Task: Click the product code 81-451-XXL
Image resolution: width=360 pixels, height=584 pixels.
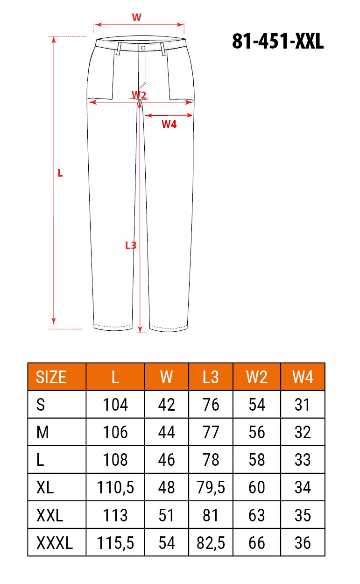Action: pyautogui.click(x=278, y=41)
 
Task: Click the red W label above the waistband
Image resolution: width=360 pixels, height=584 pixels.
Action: pyautogui.click(x=136, y=17)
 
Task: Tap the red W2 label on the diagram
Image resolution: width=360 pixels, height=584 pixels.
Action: pyautogui.click(x=139, y=95)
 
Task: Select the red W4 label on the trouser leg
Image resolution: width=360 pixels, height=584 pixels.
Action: pyautogui.click(x=169, y=124)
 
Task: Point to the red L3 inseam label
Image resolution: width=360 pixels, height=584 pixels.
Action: pyautogui.click(x=131, y=245)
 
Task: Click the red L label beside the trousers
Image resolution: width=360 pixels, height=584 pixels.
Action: pyautogui.click(x=60, y=173)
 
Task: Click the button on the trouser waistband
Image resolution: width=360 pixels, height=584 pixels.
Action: pyautogui.click(x=143, y=48)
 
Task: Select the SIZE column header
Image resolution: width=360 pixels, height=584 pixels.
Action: pyautogui.click(x=51, y=377)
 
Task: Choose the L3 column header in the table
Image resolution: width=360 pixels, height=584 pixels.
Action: pyautogui.click(x=211, y=377)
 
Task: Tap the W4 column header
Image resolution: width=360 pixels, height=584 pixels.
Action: pyautogui.click(x=303, y=377)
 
